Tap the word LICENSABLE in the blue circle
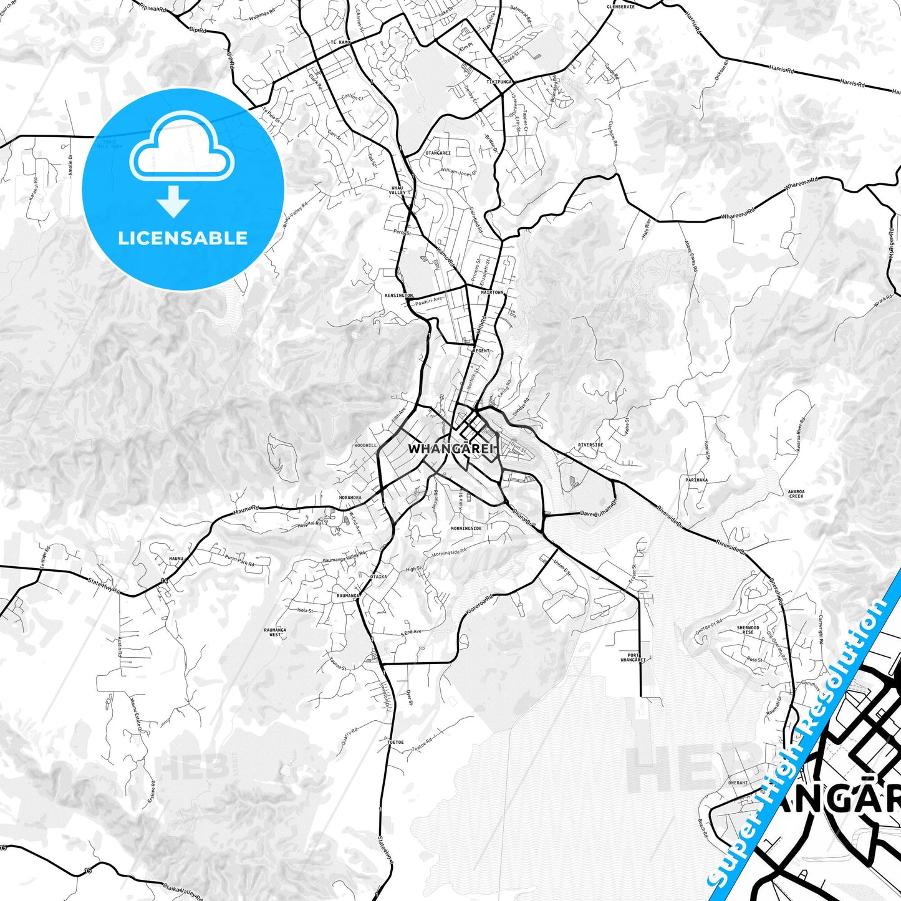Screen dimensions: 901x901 (183, 238)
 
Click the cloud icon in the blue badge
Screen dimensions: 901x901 (181, 154)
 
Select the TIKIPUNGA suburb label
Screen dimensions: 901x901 (499, 82)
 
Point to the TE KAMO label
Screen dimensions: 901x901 (340, 42)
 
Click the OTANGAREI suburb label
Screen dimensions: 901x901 (438, 152)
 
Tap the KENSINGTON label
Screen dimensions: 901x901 (399, 295)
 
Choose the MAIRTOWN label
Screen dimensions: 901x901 (492, 291)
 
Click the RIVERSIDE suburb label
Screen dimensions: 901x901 (590, 445)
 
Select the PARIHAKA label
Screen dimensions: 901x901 (696, 480)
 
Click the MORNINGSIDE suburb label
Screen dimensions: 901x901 (466, 528)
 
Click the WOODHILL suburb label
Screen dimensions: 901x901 (365, 446)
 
